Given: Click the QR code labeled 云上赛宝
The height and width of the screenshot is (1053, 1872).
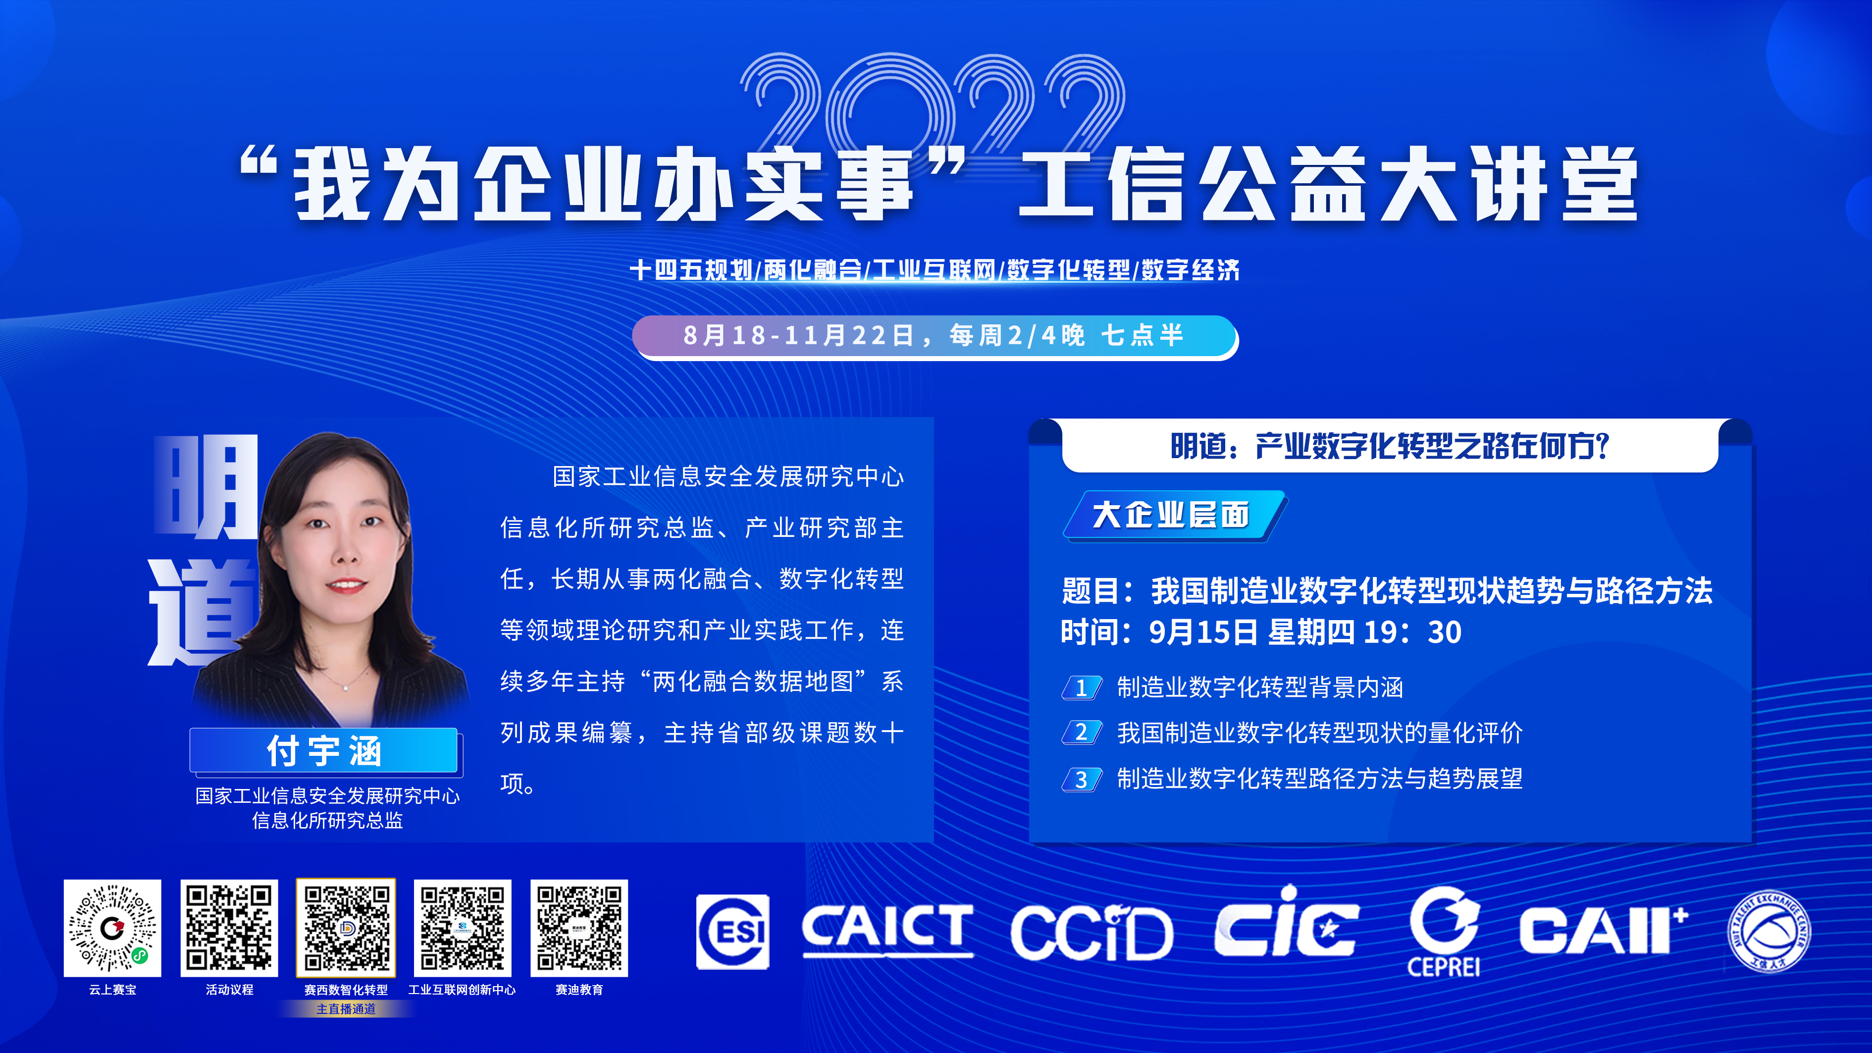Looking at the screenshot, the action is click(x=112, y=928).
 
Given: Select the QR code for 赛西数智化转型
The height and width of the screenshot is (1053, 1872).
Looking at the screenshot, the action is click(x=346, y=928).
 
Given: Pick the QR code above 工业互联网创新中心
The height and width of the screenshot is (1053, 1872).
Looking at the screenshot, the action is click(x=462, y=928).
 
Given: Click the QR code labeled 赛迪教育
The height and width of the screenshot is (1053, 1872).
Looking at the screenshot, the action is click(x=579, y=928).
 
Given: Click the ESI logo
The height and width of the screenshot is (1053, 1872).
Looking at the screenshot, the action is click(x=732, y=932).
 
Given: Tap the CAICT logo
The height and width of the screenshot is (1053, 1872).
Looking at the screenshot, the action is click(x=887, y=930).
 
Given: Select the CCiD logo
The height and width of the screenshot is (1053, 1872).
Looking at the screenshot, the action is click(x=1092, y=932).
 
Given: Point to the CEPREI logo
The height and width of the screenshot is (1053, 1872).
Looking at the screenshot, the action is click(x=1444, y=932).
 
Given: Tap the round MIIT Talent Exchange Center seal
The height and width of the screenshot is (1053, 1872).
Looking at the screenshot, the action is click(x=1769, y=931).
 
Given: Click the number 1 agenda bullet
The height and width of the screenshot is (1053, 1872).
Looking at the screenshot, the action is click(x=1081, y=687).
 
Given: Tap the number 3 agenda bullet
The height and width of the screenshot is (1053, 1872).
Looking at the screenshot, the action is click(x=1081, y=779).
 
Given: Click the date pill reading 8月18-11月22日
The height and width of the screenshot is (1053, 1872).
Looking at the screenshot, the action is click(x=936, y=336).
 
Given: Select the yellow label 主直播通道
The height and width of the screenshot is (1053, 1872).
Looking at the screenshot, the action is click(x=346, y=1008).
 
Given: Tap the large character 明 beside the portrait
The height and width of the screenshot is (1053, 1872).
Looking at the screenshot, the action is click(x=206, y=487).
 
